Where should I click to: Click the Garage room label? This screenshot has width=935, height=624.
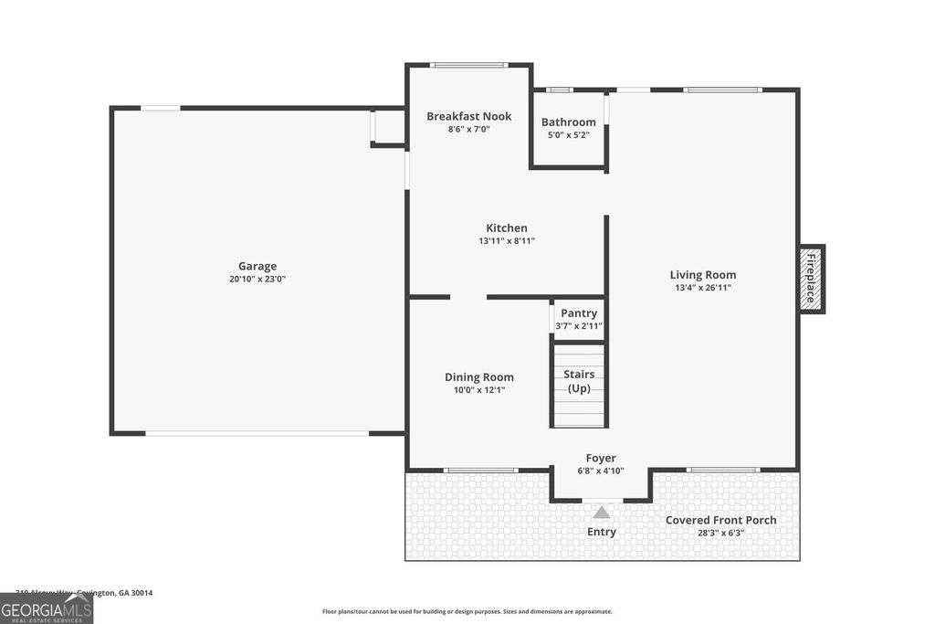(x=257, y=267)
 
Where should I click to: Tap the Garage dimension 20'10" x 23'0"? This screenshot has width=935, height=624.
(x=257, y=280)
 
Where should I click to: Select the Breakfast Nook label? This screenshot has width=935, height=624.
(x=468, y=116)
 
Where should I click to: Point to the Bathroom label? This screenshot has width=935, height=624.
(x=568, y=122)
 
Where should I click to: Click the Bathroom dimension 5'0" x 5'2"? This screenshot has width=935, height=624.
(x=568, y=135)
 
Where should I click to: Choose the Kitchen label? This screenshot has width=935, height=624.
(x=506, y=228)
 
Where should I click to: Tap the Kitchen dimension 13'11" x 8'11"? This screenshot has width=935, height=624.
(x=506, y=241)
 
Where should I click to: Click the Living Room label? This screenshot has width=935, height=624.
(x=702, y=275)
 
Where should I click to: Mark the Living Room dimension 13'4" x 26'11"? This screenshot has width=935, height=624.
(x=702, y=288)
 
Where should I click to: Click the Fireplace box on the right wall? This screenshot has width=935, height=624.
(x=811, y=279)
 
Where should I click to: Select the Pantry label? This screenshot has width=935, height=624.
(x=579, y=313)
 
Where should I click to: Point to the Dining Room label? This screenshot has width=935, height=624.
(x=478, y=377)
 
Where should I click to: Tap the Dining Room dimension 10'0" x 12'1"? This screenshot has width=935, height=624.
(x=478, y=390)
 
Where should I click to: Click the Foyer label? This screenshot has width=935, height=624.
(x=600, y=459)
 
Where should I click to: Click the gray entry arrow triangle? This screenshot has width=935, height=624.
(x=601, y=513)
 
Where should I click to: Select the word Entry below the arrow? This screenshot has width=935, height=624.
(x=601, y=532)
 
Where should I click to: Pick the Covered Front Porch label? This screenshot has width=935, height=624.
(x=720, y=521)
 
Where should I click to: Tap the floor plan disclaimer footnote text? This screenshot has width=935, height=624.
(x=467, y=612)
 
